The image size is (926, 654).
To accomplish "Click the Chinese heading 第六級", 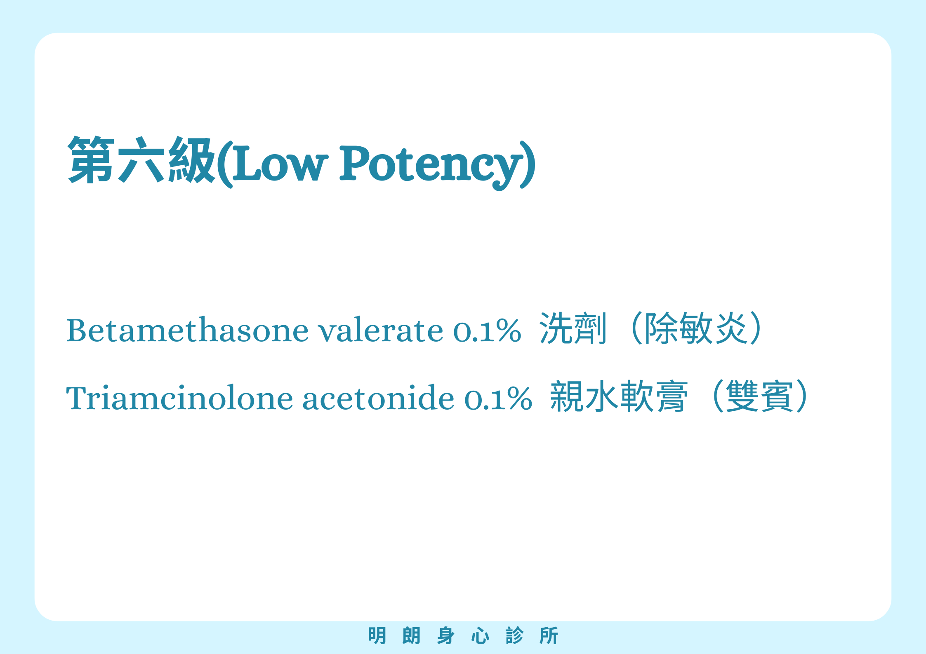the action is click(x=141, y=160).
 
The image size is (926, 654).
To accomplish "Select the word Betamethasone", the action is click(x=187, y=330).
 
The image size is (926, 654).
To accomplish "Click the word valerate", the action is click(x=381, y=330).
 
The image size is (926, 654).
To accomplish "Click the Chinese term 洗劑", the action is click(x=573, y=328).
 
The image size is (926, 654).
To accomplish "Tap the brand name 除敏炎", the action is click(x=696, y=328).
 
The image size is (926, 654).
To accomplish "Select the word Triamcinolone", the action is click(x=179, y=398).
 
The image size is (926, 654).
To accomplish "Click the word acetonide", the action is click(x=378, y=398).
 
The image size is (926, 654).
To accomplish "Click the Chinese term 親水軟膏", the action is click(x=619, y=396).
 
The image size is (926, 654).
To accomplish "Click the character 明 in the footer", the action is click(x=377, y=635).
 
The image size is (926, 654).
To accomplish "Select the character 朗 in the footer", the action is click(x=411, y=635).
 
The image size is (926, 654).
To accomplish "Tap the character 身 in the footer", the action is click(x=445, y=635).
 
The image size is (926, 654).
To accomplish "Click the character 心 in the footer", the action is click(x=480, y=635).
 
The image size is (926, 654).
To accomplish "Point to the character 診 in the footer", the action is click(x=514, y=635).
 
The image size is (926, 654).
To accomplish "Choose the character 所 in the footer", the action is click(x=549, y=635).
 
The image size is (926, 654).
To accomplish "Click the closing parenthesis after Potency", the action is click(x=529, y=165).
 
